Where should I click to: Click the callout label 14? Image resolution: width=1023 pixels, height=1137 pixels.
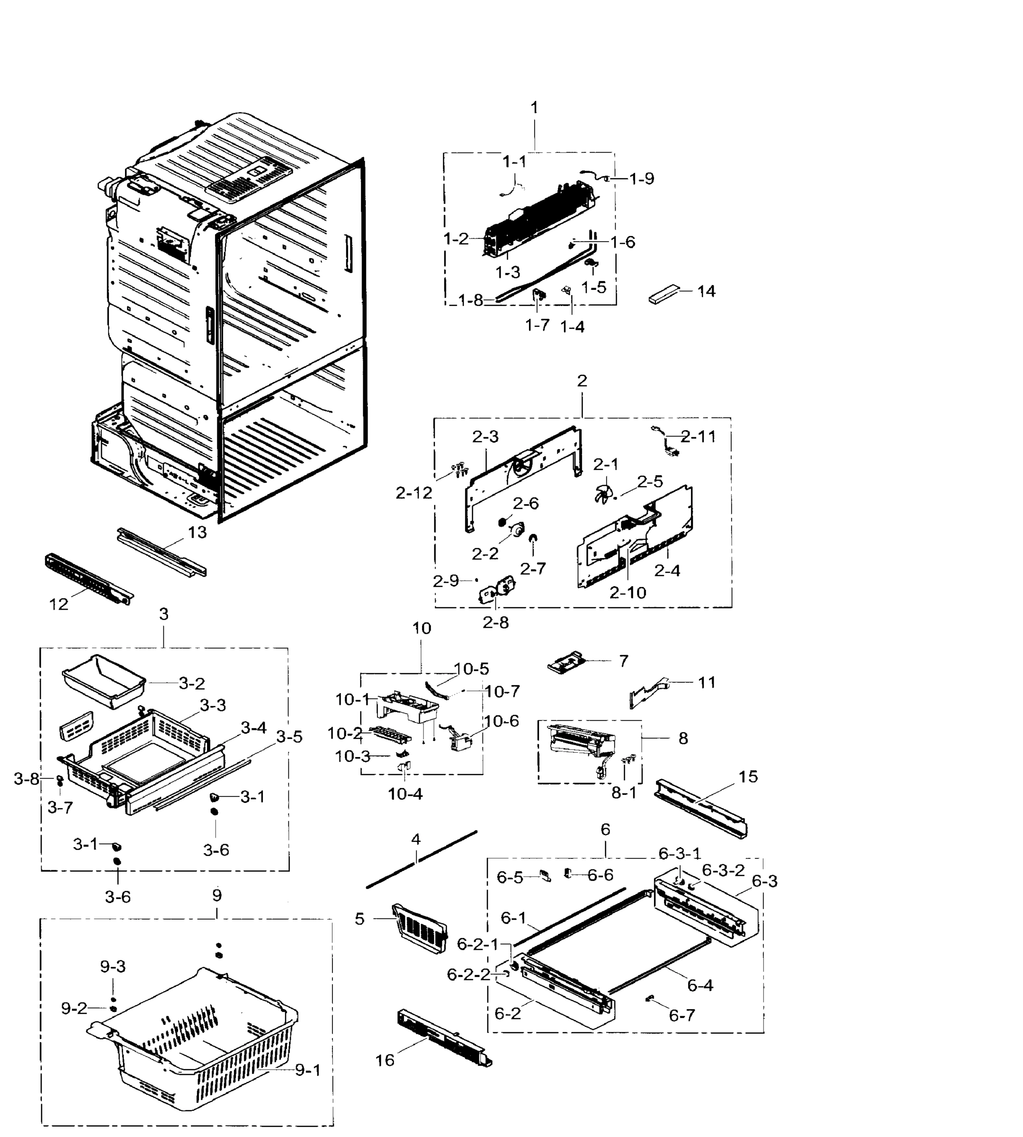[706, 291]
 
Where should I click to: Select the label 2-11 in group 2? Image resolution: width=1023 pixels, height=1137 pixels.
[698, 436]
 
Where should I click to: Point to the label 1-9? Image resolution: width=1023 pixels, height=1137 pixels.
[641, 179]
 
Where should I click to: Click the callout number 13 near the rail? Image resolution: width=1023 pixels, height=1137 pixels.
[197, 532]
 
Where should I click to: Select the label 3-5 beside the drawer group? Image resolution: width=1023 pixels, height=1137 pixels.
[289, 736]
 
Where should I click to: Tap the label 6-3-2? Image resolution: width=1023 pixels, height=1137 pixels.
[723, 870]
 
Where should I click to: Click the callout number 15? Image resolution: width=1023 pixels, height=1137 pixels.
[748, 776]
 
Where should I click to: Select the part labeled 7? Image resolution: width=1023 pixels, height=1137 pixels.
[566, 664]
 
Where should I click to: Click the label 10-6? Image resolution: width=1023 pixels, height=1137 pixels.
[502, 721]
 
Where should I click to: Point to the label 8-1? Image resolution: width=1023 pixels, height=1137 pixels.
[624, 793]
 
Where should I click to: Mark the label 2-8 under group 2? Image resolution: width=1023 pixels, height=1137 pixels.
[495, 623]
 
